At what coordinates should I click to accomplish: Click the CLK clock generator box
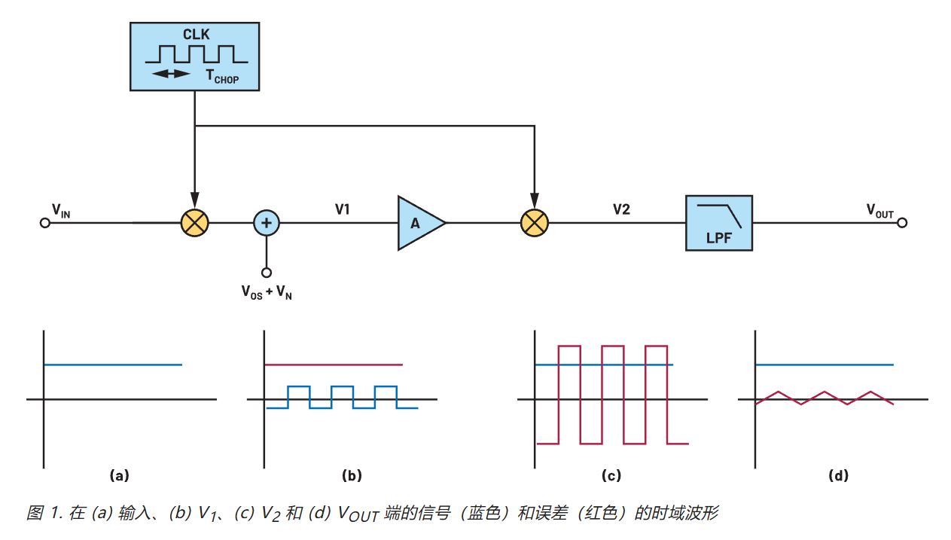195,56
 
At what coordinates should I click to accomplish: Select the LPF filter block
718,223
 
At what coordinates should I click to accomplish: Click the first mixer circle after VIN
195,223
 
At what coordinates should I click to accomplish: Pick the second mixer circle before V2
535,223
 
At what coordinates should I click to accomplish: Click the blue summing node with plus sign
266,223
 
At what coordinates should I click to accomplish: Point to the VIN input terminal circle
45,223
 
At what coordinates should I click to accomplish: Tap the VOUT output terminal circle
902,223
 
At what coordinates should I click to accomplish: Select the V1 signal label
343,209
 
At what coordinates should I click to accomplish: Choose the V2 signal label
621,209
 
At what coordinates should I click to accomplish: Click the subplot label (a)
120,475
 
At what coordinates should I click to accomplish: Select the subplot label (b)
352,475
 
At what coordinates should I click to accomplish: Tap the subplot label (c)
611,475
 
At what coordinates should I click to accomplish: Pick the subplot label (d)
837,475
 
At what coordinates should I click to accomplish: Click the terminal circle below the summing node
266,273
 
